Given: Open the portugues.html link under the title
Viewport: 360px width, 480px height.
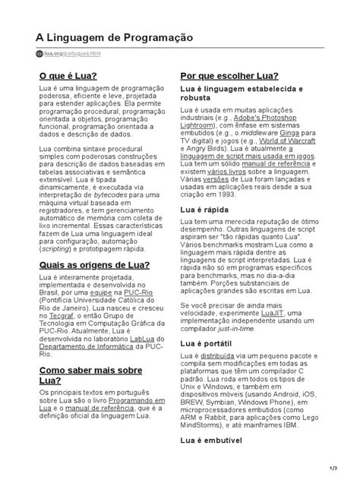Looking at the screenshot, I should pos(82,54).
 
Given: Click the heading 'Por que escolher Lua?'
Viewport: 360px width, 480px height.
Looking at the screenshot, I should pos(228,77).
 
